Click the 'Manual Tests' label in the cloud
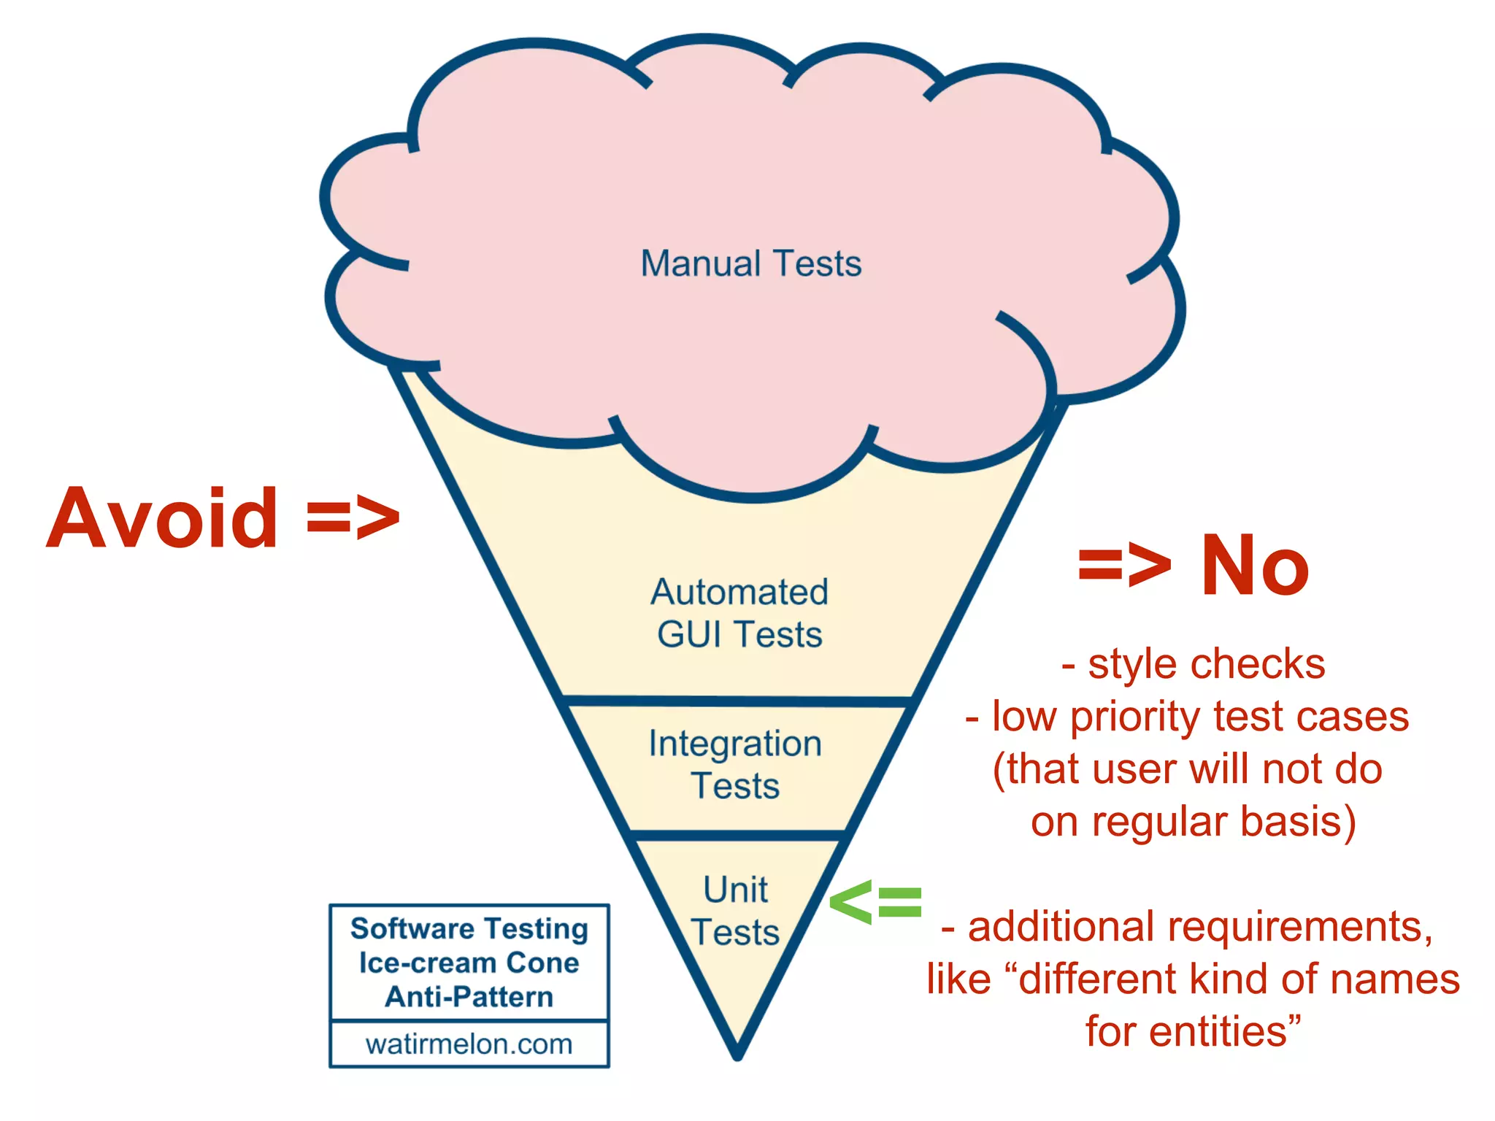point(750,263)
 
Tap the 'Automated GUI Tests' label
point(739,613)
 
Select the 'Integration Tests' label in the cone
point(735,764)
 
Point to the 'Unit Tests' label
point(735,911)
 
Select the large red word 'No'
point(1254,566)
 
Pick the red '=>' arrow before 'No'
point(1124,566)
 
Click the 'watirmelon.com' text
point(469,1044)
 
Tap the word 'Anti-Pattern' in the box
point(469,996)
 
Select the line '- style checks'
point(1193,664)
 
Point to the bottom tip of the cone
point(737,1054)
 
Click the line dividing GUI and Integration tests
point(737,701)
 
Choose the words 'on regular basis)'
point(1193,822)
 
